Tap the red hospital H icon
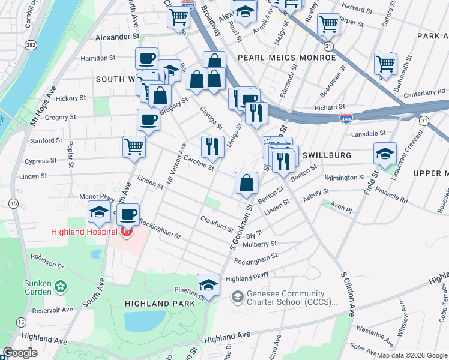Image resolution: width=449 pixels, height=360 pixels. pyautogui.click(x=126, y=232)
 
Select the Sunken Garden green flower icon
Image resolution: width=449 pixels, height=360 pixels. pyautogui.click(x=60, y=287)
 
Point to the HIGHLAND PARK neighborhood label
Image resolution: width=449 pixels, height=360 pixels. pyautogui.click(x=160, y=304)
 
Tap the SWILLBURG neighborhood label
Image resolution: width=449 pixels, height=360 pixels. pyautogui.click(x=326, y=155)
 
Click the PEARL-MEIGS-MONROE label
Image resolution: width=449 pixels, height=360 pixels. pyautogui.click(x=286, y=58)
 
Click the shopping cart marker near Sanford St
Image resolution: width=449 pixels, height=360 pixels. pyautogui.click(x=134, y=146)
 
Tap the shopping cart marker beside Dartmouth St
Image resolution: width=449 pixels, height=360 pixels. pyautogui.click(x=385, y=63)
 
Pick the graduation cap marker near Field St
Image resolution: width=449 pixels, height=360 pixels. pyautogui.click(x=385, y=153)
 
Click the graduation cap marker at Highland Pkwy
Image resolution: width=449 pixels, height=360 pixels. pyautogui.click(x=208, y=284)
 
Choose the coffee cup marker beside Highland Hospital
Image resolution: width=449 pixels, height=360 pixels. pyautogui.click(x=127, y=214)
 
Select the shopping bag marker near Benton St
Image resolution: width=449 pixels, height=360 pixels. pyautogui.click(x=246, y=182)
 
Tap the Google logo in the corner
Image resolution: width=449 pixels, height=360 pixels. pyautogui.click(x=20, y=353)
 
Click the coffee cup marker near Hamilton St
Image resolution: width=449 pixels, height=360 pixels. pyautogui.click(x=147, y=58)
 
